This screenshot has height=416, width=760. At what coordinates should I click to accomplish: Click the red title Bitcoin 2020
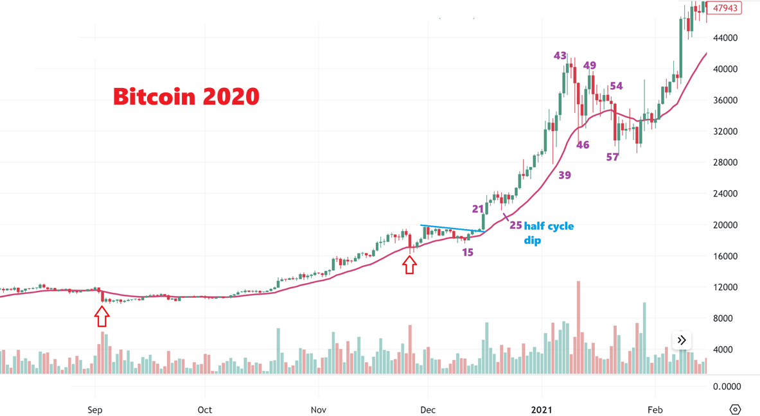(186, 96)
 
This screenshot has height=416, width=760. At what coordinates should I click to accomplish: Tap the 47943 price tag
(725, 8)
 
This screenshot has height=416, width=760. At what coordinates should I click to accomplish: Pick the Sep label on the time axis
(95, 410)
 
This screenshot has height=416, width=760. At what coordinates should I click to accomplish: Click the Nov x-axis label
(318, 410)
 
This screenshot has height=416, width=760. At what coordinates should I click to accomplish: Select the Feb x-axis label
(655, 410)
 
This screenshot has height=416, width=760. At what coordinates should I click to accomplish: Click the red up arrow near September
(102, 316)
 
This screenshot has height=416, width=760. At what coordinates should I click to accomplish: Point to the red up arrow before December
(410, 264)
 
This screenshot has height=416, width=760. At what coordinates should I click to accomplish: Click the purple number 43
(560, 56)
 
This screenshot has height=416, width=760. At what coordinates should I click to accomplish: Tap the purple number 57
(612, 157)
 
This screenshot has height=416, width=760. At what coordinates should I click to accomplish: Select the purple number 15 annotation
(468, 252)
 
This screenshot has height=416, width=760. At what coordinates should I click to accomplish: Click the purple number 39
(565, 175)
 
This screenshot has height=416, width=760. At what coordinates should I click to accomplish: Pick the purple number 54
(616, 86)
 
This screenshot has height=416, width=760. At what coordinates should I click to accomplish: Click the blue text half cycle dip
(549, 233)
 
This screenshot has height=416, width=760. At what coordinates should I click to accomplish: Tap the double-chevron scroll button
(682, 340)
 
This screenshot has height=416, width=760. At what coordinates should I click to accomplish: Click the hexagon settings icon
(735, 409)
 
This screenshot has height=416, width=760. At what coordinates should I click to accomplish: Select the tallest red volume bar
(578, 327)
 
